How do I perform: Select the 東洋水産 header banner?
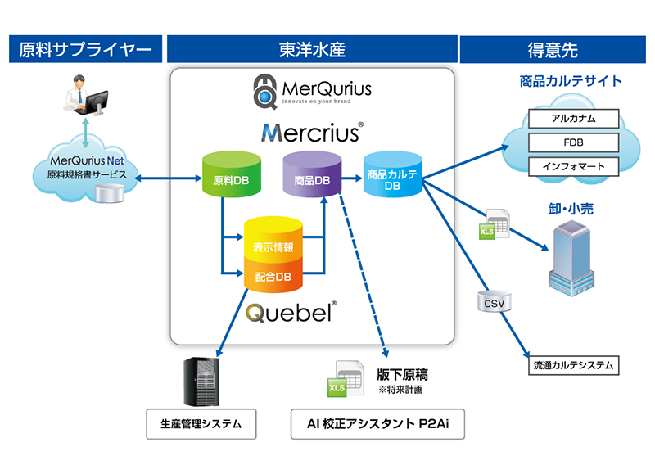311,50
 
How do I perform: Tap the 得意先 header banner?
553,50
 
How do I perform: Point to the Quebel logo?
289,313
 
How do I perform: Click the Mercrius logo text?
312,132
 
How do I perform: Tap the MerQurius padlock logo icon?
264,91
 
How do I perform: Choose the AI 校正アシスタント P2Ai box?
377,424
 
